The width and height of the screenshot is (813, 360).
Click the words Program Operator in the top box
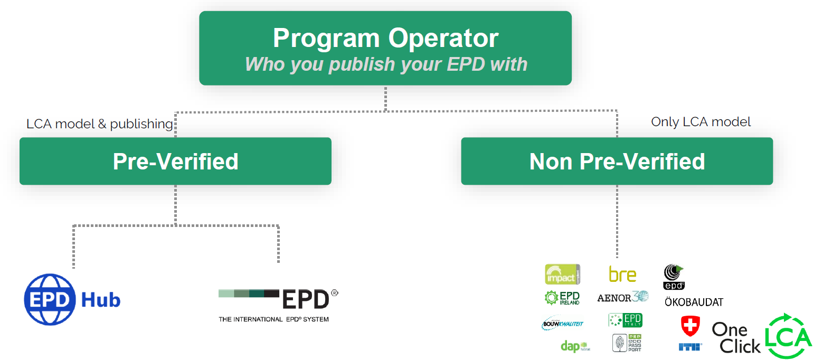(x=385, y=39)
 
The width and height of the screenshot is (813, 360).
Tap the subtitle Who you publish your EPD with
(x=386, y=64)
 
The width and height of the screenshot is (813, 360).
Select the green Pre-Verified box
(x=175, y=161)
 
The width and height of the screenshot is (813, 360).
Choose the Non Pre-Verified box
(x=617, y=161)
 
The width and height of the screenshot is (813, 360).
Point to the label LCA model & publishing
(x=100, y=124)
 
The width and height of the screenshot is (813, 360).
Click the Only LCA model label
(x=701, y=122)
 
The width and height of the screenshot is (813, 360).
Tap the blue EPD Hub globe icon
(x=50, y=300)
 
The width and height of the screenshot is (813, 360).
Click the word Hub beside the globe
(x=101, y=300)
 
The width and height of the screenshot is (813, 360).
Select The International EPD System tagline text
(x=273, y=319)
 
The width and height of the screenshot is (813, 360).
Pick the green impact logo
(x=562, y=274)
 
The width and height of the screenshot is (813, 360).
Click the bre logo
(x=622, y=274)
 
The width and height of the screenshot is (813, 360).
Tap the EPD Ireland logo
(x=562, y=298)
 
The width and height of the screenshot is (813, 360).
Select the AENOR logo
(x=622, y=297)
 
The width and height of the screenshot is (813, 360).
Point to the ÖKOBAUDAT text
(x=694, y=302)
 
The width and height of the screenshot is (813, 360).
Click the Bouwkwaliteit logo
(x=562, y=323)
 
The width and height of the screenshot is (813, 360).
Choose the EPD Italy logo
(x=625, y=320)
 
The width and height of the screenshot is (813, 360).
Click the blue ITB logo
(x=690, y=347)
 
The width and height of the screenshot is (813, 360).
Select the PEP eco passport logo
(x=627, y=344)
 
